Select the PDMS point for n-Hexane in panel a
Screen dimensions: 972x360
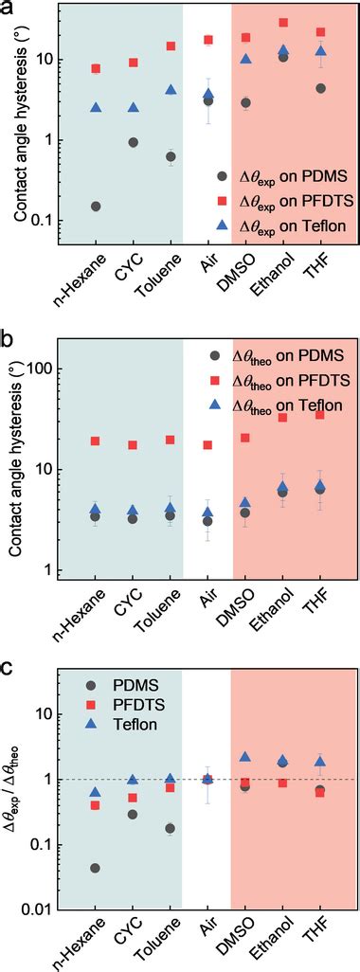point(96,207)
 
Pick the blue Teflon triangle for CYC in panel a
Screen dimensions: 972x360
point(134,108)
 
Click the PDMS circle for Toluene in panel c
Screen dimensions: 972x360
point(171,828)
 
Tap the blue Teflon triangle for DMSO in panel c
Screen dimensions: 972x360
point(245,757)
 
